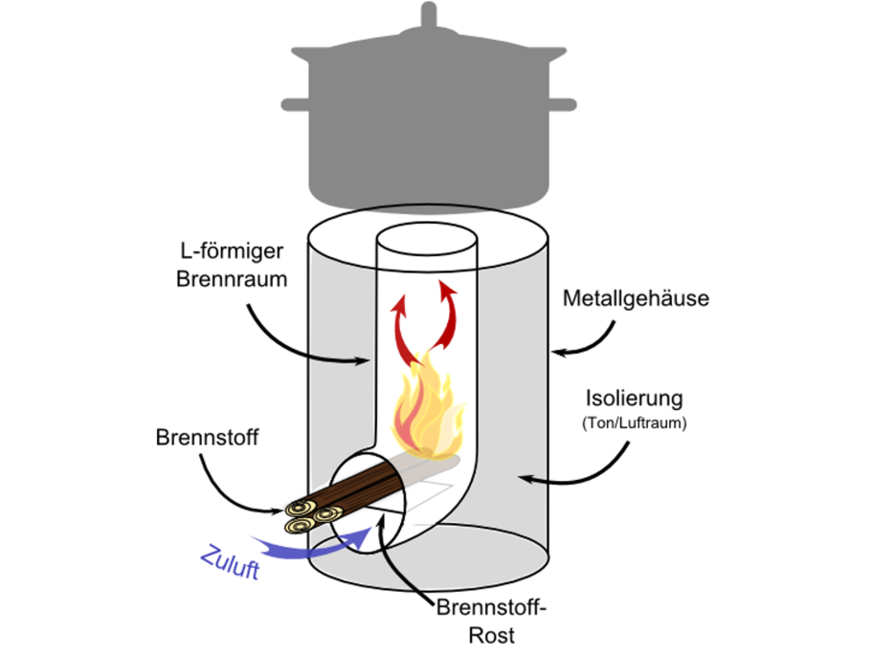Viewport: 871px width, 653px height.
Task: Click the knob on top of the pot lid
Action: (428, 15)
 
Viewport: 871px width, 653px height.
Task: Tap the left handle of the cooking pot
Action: (295, 104)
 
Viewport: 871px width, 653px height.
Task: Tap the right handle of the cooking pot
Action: (563, 104)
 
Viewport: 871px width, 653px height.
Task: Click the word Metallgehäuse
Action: (636, 298)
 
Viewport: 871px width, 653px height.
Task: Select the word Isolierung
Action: (634, 399)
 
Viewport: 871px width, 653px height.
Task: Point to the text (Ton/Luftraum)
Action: (635, 423)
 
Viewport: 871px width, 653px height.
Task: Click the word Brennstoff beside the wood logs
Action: (207, 437)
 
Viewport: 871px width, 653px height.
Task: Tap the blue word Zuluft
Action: (230, 562)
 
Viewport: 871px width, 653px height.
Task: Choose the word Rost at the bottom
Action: (492, 635)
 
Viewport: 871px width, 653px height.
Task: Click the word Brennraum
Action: (232, 279)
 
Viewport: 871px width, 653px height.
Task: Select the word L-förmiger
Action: (232, 251)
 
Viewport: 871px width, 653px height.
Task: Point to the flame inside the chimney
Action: (427, 409)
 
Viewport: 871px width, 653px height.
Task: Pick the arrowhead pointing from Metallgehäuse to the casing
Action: (558, 352)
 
